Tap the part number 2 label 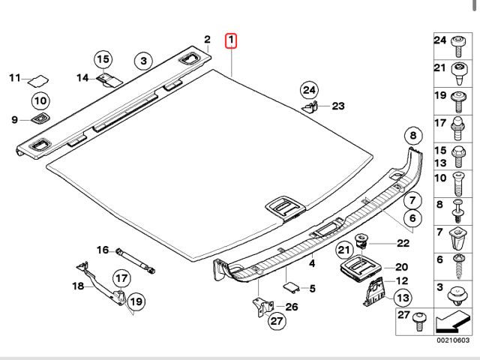tap(207, 40)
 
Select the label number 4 tap(312, 264)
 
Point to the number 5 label tap(313, 288)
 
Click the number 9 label tap(14, 119)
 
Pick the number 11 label tap(14, 77)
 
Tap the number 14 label tap(82, 76)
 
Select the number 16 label tap(102, 250)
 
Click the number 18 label tap(78, 286)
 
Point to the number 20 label tap(401, 267)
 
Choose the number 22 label tap(403, 242)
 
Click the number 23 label tap(337, 106)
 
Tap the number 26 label tap(292, 306)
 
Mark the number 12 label tap(402, 280)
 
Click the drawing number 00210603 tap(454, 340)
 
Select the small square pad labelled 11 tap(38, 79)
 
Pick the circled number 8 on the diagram tap(410, 136)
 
